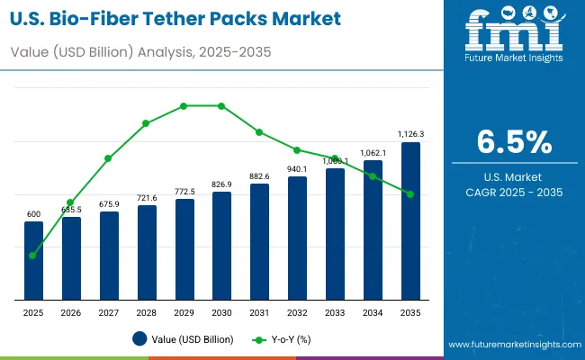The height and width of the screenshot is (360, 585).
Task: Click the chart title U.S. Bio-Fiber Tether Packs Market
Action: pos(175,18)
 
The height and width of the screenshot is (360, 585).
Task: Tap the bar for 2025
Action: pos(33,261)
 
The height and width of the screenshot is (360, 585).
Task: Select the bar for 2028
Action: pos(147,253)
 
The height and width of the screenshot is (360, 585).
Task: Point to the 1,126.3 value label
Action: pos(410,134)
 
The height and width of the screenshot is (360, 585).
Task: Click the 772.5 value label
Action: pos(184,192)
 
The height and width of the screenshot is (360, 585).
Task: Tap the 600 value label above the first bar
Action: pos(33,214)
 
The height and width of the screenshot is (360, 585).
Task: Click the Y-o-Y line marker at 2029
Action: pos(184,105)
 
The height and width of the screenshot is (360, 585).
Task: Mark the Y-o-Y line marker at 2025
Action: pos(33,256)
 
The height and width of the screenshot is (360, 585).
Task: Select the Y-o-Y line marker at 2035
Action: pos(410,194)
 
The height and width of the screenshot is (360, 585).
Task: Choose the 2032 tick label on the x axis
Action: pos(297,311)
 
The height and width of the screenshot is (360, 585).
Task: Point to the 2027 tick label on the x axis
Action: pos(109,311)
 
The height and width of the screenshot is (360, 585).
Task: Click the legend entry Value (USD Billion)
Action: pos(184,339)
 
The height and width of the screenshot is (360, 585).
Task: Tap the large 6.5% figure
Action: pos(514,142)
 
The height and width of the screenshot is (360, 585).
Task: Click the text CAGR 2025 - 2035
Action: pos(514,193)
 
